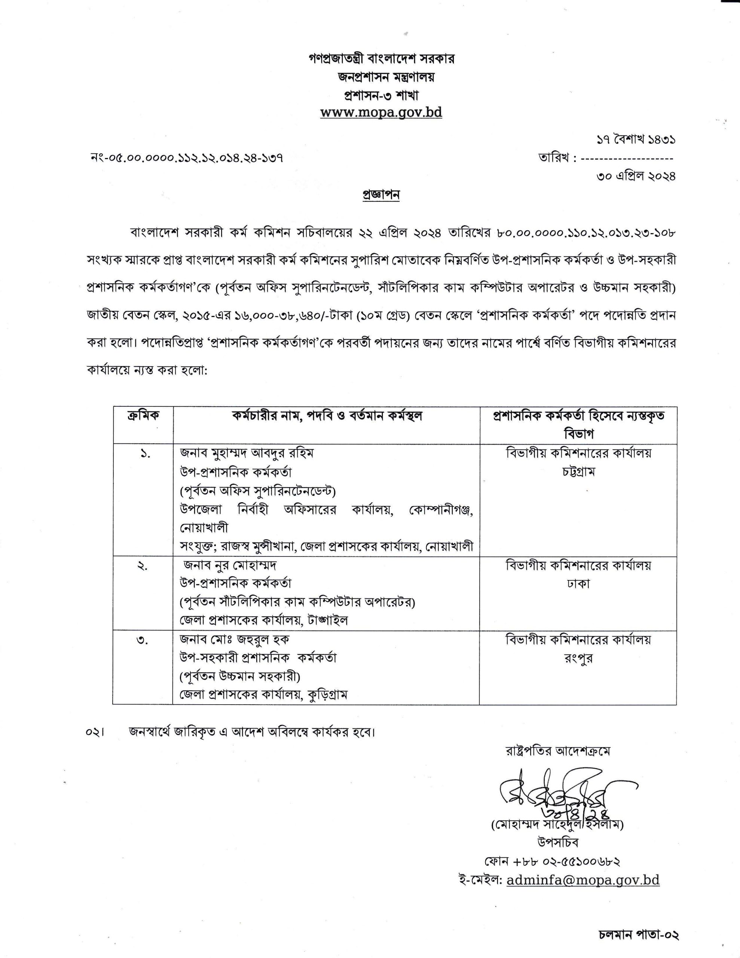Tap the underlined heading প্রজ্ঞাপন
[381, 195]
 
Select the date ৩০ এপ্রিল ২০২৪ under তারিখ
[636, 176]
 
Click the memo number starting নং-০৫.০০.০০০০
[186, 158]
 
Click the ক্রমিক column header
[143, 416]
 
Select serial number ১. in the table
[144, 455]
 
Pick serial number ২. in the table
[143, 566]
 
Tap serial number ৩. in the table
[143, 641]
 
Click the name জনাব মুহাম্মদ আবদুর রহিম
[247, 453]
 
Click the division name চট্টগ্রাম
[578, 472]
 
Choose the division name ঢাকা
[578, 584]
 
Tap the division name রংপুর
[578, 658]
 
